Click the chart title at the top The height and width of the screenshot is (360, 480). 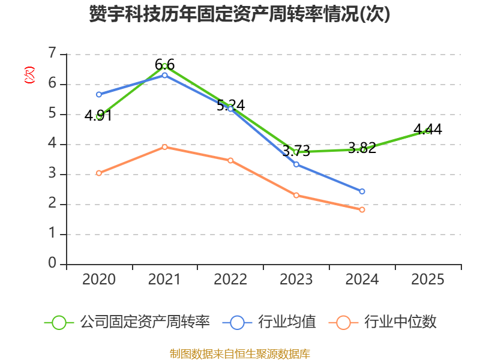click(239, 14)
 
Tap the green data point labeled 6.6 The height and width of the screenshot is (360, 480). click(164, 66)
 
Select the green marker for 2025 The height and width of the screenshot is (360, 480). click(428, 131)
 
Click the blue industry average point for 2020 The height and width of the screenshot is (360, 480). click(99, 95)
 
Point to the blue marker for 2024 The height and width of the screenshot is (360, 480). click(362, 191)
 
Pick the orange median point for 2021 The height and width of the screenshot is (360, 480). click(164, 147)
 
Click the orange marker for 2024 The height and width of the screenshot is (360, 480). click(362, 209)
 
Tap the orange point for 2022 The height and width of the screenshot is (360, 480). click(230, 161)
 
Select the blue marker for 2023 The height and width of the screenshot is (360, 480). click(296, 164)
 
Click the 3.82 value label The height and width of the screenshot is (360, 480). click(362, 148)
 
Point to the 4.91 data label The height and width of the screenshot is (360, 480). click(98, 116)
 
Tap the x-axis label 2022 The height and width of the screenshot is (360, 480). click(230, 280)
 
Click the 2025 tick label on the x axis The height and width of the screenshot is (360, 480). click(428, 280)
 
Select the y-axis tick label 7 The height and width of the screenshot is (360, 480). click(53, 53)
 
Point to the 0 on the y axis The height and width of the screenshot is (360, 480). click(52, 263)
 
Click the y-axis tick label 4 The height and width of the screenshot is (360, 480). click(52, 143)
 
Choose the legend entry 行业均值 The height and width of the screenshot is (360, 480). click(269, 322)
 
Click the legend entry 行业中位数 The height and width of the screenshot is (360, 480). click(382, 322)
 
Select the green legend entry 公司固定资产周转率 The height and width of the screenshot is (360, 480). click(127, 322)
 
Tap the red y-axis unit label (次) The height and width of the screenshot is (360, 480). click(29, 75)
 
